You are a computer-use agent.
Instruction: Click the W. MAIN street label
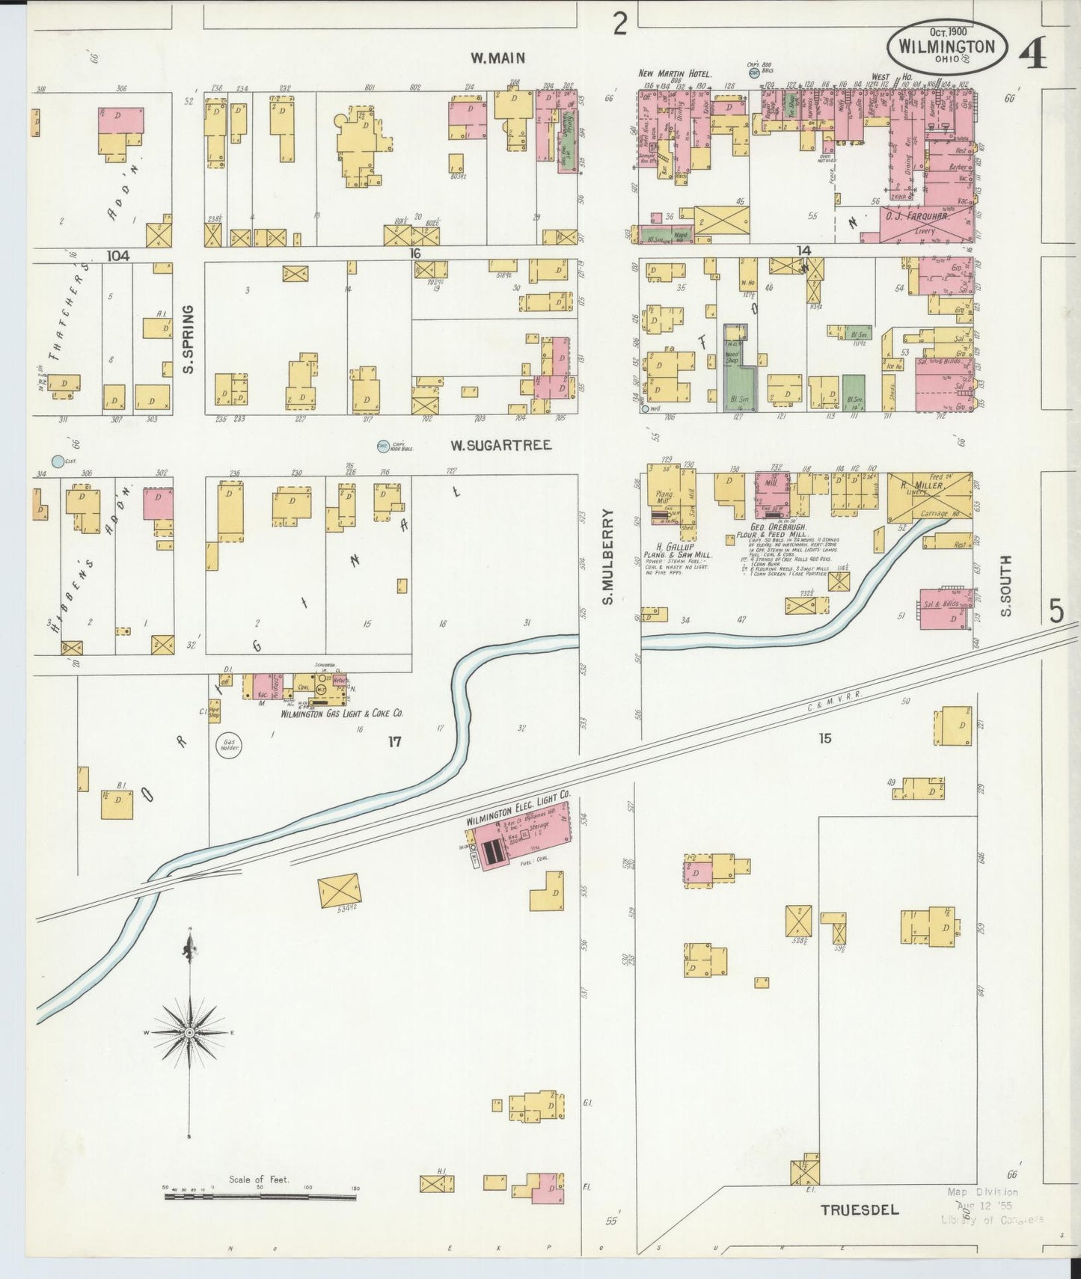[x=497, y=58]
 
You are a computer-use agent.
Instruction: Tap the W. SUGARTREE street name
[x=500, y=445]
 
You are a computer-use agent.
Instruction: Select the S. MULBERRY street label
[x=608, y=556]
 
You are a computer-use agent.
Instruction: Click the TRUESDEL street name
[x=860, y=1209]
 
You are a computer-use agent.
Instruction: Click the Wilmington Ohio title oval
[x=947, y=46]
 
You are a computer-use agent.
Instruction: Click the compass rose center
[x=190, y=1032]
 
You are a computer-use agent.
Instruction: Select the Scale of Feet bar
[x=260, y=1197]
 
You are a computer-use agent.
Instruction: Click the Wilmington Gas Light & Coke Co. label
[x=342, y=714]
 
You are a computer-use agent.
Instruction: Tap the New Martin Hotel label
[x=674, y=73]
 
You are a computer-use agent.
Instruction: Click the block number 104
[x=117, y=256]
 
